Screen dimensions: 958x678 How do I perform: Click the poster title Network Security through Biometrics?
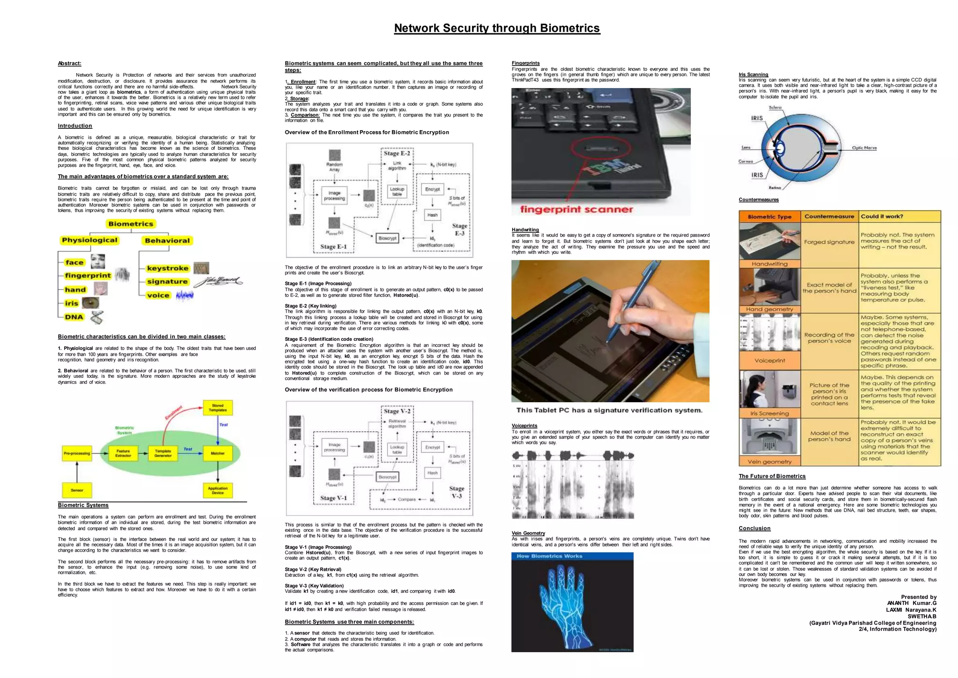pyautogui.click(x=497, y=28)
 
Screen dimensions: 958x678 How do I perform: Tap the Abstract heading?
pyautogui.click(x=69, y=63)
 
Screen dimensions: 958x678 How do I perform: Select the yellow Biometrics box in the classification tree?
pyautogui.click(x=131, y=224)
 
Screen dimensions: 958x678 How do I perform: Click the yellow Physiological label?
pyautogui.click(x=89, y=240)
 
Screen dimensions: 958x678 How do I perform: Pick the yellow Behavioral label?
pyautogui.click(x=167, y=241)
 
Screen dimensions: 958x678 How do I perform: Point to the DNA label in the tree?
pyautogui.click(x=74, y=317)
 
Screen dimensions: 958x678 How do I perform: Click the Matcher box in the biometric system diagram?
pyautogui.click(x=218, y=453)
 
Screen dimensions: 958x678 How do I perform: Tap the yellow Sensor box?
pyautogui.click(x=77, y=490)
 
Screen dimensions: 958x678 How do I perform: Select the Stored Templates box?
pyautogui.click(x=218, y=407)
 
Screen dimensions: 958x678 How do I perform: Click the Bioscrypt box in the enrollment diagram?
pyautogui.click(x=387, y=238)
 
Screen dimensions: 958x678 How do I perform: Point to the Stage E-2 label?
pyautogui.click(x=397, y=153)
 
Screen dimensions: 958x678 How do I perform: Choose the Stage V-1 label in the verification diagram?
pyautogui.click(x=334, y=498)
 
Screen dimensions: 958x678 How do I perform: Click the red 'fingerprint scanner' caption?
pyautogui.click(x=576, y=209)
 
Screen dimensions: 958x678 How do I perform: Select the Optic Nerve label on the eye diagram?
pyautogui.click(x=864, y=148)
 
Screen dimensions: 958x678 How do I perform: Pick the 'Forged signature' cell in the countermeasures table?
pyautogui.click(x=829, y=242)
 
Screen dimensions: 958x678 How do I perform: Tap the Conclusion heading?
pyautogui.click(x=754, y=528)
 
